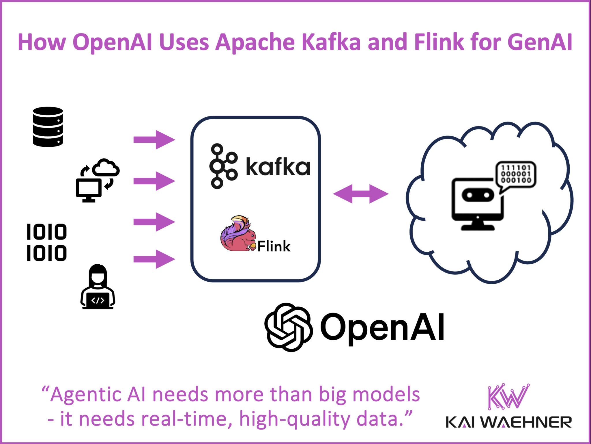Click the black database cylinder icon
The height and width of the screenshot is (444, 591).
tap(48, 127)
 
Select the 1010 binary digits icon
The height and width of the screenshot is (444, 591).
tap(47, 242)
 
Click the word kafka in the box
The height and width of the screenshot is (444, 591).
tap(278, 167)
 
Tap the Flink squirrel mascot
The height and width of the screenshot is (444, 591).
tap(237, 234)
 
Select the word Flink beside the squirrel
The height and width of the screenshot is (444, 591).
tap(274, 246)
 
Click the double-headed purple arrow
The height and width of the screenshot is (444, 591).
tap(361, 194)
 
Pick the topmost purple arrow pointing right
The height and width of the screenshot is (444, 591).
tap(154, 140)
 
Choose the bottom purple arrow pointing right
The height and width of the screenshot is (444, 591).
tap(154, 259)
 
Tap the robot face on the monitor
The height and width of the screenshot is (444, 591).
tap(478, 195)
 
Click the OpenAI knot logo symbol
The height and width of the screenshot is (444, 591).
tap(289, 327)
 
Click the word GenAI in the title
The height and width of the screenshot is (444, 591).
tap(540, 42)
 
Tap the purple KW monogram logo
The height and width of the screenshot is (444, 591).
tap(508, 396)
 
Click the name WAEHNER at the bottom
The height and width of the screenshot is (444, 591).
tap(526, 422)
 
